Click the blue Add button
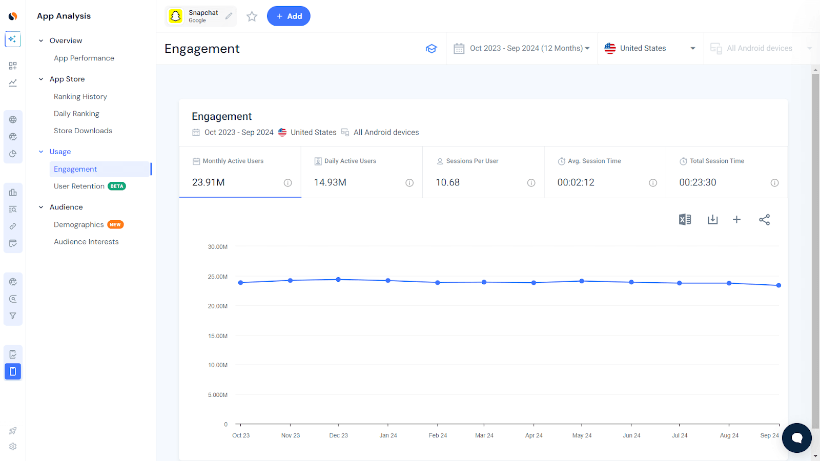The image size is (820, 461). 289,16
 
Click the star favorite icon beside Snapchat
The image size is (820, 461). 252,16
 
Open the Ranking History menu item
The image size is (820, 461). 80,96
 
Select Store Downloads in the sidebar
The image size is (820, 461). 83,131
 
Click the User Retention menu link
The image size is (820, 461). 79,186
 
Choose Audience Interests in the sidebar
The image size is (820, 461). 86,242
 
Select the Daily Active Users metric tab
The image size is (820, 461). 350,161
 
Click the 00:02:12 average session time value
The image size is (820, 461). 576,182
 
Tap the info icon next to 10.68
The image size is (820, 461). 531,183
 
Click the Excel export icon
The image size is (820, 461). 685,220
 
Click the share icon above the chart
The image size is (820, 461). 764,220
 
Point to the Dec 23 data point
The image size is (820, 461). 338,280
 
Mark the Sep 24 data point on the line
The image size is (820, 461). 778,285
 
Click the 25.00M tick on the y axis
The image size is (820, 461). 218,277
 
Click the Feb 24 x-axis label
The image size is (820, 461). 438,435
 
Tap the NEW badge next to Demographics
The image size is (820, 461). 115,224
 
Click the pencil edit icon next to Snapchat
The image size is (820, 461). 229,16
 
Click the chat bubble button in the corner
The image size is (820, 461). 796,438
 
